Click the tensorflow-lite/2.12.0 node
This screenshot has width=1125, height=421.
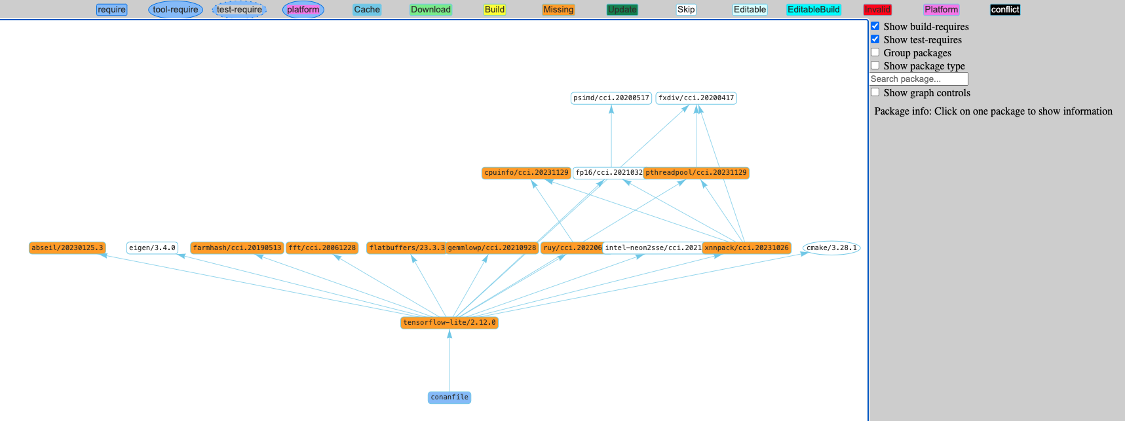tap(449, 323)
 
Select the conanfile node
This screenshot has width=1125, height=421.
tap(449, 397)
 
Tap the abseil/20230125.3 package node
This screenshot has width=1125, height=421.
tap(67, 248)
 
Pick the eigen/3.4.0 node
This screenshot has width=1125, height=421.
tap(152, 248)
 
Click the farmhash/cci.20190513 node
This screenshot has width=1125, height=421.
tap(237, 248)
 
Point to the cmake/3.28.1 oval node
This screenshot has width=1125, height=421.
tap(831, 248)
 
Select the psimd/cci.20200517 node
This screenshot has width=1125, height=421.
tap(611, 98)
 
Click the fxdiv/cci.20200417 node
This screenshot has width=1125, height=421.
tap(696, 98)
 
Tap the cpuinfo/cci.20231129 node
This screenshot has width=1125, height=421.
tap(526, 173)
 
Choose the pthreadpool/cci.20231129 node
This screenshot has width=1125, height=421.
tap(696, 173)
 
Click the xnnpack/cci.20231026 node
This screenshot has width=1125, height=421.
tap(747, 248)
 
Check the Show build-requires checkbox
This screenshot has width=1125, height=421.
tap(875, 26)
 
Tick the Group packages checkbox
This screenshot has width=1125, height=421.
tap(875, 52)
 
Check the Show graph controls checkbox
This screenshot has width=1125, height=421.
tap(875, 92)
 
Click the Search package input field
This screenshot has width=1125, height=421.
tap(918, 79)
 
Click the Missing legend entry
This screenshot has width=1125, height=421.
tap(558, 10)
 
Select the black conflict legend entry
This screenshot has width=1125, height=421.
tap(1005, 10)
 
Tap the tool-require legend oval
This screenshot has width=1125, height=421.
tap(175, 10)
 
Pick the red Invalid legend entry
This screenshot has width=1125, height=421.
tap(877, 10)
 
